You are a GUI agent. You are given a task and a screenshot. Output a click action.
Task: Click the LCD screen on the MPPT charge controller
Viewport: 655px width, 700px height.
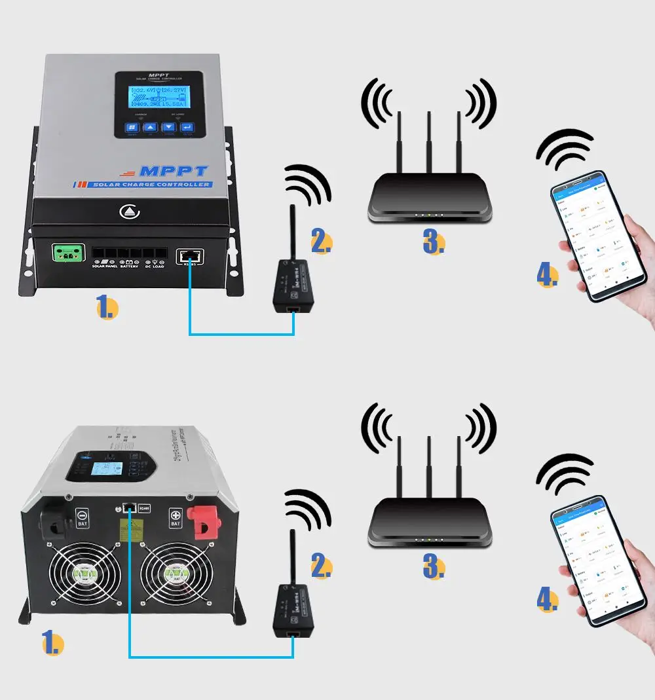pos(159,96)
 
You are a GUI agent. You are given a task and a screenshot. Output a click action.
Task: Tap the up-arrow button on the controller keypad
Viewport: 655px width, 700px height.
pos(150,128)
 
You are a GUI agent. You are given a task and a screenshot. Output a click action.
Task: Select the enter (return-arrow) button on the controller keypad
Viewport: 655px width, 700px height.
pos(187,128)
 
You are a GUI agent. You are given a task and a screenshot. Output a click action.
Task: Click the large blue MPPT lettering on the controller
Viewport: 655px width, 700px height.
pos(174,172)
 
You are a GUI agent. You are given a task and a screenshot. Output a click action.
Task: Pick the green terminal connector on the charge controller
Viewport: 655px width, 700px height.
pos(68,254)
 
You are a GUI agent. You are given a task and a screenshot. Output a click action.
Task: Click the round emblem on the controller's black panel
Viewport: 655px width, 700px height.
pos(126,212)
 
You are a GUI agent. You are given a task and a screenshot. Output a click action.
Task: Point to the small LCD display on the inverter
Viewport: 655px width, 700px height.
pos(102,469)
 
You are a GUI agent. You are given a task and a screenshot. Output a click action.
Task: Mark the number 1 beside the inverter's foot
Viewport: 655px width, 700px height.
pos(52,643)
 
